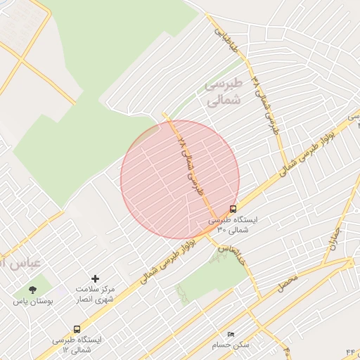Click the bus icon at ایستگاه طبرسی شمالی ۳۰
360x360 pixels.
(x=233, y=209)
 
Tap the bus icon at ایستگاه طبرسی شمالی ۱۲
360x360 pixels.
(x=77, y=329)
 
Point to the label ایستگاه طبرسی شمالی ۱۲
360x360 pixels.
(x=77, y=345)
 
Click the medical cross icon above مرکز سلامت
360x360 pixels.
(x=96, y=279)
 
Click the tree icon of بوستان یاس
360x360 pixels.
(x=32, y=289)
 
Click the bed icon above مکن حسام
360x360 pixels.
(x=231, y=333)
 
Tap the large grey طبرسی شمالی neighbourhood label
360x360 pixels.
(x=224, y=92)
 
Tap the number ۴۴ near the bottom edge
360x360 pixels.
(x=352, y=349)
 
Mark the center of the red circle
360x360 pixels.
(x=180, y=180)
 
